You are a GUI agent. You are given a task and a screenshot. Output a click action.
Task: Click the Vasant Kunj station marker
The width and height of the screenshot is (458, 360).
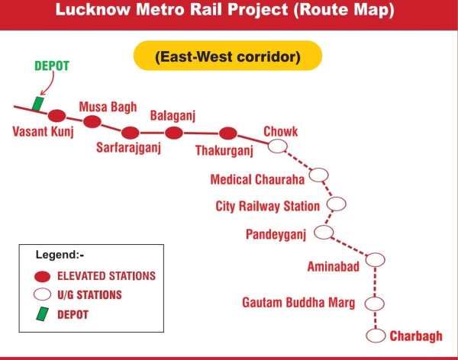click(56, 116)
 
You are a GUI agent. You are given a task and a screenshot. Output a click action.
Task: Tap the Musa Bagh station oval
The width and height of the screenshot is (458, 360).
click(92, 122)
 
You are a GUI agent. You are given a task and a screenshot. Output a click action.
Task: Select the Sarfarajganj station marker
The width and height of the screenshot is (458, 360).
click(131, 131)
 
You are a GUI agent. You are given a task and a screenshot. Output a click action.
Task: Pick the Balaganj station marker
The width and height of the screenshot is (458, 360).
click(174, 133)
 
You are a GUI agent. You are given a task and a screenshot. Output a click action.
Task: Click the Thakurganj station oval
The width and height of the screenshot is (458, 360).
click(227, 133)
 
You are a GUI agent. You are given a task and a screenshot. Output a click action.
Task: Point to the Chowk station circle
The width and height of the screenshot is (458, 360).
click(279, 146)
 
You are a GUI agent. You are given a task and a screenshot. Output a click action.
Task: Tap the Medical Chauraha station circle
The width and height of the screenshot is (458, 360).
click(319, 175)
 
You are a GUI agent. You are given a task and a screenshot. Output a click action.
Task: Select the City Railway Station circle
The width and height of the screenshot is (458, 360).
click(336, 204)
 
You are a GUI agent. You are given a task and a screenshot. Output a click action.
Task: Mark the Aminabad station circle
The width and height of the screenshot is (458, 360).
click(374, 260)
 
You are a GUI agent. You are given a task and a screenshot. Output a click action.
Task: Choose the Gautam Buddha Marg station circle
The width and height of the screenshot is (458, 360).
click(373, 304)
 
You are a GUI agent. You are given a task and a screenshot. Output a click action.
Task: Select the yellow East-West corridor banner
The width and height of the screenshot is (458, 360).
click(227, 56)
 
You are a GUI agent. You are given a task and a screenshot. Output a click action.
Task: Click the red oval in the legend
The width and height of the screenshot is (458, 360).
click(44, 276)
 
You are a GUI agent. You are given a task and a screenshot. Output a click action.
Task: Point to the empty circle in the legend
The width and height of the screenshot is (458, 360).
click(44, 294)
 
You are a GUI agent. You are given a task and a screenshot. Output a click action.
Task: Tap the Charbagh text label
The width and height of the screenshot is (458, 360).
click(416, 336)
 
